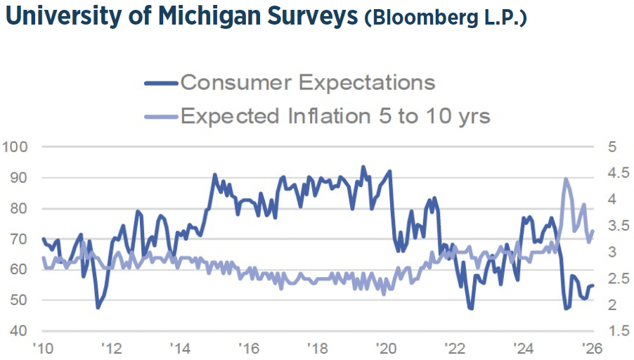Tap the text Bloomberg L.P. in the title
pyautogui.click(x=445, y=18)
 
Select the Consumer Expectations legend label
pyautogui.click(x=308, y=82)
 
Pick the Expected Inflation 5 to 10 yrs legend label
pyautogui.click(x=335, y=115)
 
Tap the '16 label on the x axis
pyautogui.click(x=248, y=347)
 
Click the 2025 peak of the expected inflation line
pyautogui.click(x=566, y=179)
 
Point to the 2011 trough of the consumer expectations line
pyautogui.click(x=98, y=307)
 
